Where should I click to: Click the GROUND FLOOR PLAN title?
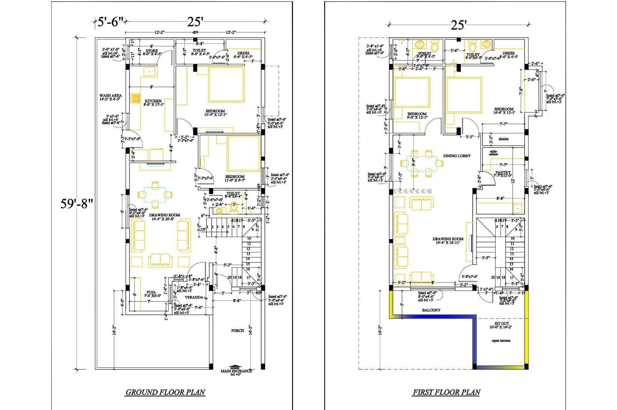165,392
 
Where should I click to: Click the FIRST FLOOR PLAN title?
446,392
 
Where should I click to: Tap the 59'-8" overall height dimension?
77,203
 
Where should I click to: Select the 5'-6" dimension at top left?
110,22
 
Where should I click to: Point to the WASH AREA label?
110,96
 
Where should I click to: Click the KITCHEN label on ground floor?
153,101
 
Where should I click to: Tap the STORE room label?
152,51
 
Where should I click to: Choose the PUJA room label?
151,292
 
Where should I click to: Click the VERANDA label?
194,297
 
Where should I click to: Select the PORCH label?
238,331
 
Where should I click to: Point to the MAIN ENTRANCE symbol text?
236,371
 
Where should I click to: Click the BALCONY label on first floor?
431,310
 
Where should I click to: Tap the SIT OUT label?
502,324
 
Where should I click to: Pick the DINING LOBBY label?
457,156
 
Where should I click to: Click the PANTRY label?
503,173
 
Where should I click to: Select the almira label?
503,139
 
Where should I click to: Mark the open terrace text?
501,341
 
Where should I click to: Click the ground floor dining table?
155,195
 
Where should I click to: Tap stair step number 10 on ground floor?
249,239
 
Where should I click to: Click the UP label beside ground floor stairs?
203,229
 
